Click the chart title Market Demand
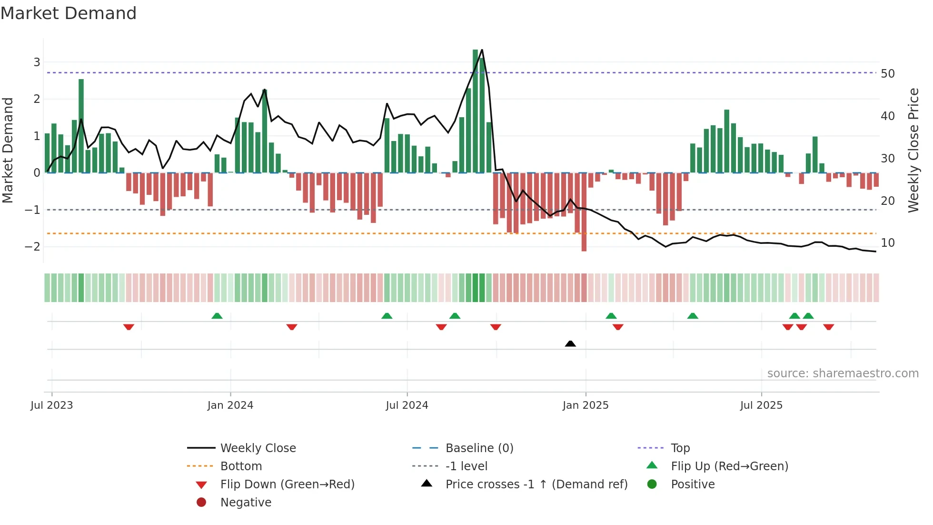(69, 13)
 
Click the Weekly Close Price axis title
(913, 150)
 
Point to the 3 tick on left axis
(37, 62)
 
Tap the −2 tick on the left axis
(32, 247)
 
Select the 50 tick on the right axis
(888, 74)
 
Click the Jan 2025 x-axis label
(585, 405)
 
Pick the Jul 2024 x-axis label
(407, 405)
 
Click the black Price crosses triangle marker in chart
(570, 343)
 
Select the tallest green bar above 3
(475, 111)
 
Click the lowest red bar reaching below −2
(584, 212)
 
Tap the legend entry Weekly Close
(258, 448)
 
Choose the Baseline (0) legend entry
(479, 448)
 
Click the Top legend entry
(680, 448)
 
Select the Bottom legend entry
(240, 466)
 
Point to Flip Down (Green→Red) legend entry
(287, 485)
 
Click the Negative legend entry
(245, 503)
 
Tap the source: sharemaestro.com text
(843, 374)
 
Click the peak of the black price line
(482, 50)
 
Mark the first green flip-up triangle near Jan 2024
(217, 316)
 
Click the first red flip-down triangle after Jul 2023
(129, 327)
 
